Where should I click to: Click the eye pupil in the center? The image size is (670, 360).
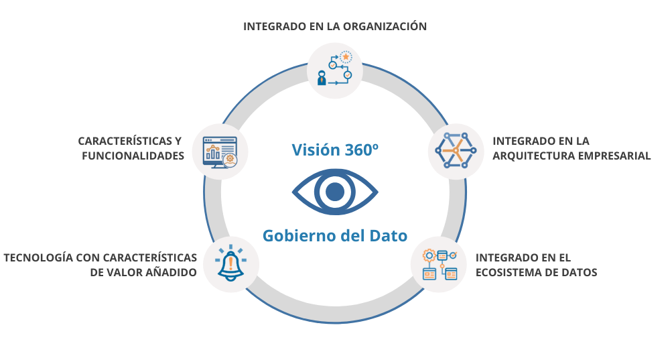[334, 193]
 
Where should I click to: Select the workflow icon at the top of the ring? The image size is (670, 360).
[335, 70]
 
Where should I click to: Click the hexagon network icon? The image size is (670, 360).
[456, 151]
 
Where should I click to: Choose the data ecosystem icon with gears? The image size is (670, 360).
[439, 264]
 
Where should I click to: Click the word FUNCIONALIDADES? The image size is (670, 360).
[133, 156]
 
